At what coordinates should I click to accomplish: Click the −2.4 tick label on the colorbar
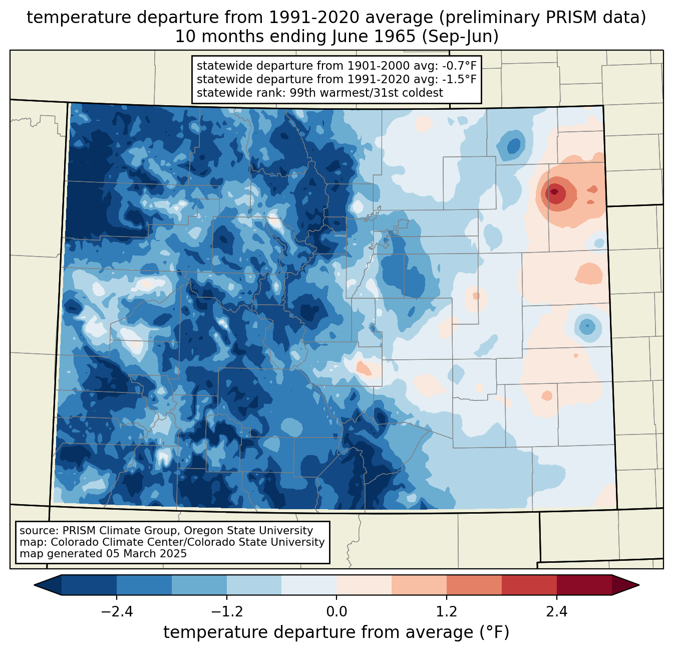[117, 612]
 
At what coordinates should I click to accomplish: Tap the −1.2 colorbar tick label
[227, 612]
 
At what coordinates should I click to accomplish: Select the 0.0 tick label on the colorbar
[337, 612]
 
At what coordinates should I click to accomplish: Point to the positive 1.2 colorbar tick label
[447, 612]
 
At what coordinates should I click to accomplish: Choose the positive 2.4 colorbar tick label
[557, 612]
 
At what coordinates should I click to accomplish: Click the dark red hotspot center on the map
[554, 191]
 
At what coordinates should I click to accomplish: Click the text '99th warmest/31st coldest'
[366, 93]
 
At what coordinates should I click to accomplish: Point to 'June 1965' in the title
[374, 37]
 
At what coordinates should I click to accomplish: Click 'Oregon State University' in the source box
[248, 531]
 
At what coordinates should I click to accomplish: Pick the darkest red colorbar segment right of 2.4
[584, 585]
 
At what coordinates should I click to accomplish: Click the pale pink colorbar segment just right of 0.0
[364, 585]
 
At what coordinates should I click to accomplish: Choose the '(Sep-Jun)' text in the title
[460, 37]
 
